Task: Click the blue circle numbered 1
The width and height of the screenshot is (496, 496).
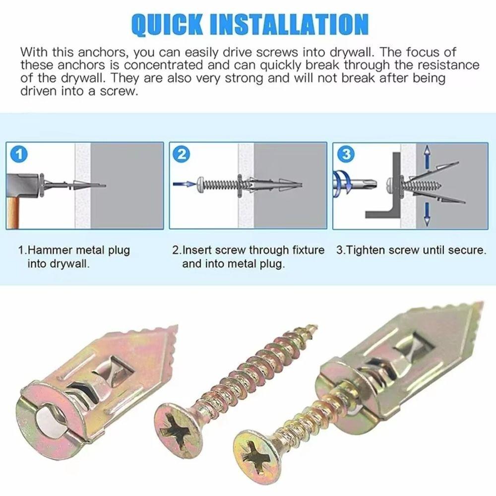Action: (18, 154)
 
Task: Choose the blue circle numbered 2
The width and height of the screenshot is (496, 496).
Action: (182, 154)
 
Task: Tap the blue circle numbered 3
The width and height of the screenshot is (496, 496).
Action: (345, 154)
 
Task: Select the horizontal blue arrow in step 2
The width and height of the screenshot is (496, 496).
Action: (185, 184)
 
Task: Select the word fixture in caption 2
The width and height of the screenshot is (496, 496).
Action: (306, 250)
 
